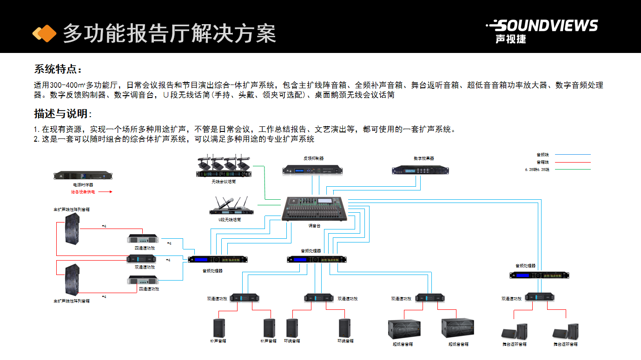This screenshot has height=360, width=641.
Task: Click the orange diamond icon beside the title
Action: pyautogui.click(x=44, y=33)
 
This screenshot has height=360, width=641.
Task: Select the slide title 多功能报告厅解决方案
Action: pyautogui.click(x=169, y=33)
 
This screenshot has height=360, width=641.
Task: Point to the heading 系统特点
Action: pyautogui.click(x=58, y=70)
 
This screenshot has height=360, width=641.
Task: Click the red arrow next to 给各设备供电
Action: pyautogui.click(x=106, y=191)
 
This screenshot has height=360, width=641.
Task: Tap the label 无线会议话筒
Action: pyautogui.click(x=224, y=182)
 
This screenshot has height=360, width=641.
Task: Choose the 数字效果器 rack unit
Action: pyautogui.click(x=421, y=170)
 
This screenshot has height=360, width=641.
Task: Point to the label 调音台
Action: pyautogui.click(x=314, y=226)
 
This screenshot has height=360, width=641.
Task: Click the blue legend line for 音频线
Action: pyautogui.click(x=573, y=154)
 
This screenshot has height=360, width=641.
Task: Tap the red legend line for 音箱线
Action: pyautogui.click(x=573, y=162)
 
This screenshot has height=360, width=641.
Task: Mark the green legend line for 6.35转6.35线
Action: pyautogui.click(x=573, y=170)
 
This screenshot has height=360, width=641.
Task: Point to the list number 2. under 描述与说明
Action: pyautogui.click(x=36, y=139)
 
